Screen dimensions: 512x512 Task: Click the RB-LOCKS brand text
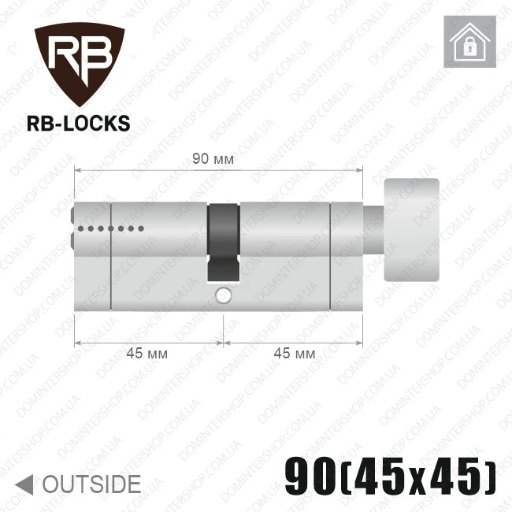click(78, 124)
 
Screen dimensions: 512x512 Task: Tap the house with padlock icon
click(470, 42)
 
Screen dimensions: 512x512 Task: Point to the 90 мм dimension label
click(213, 159)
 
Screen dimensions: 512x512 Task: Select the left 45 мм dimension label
click(147, 354)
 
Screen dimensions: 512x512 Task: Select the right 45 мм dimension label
click(295, 354)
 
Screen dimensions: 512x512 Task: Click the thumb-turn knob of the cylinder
click(411, 230)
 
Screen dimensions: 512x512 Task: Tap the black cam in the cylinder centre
click(224, 243)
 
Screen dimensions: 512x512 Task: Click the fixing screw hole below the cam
click(224, 295)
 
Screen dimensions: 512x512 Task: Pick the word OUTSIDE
click(91, 484)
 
